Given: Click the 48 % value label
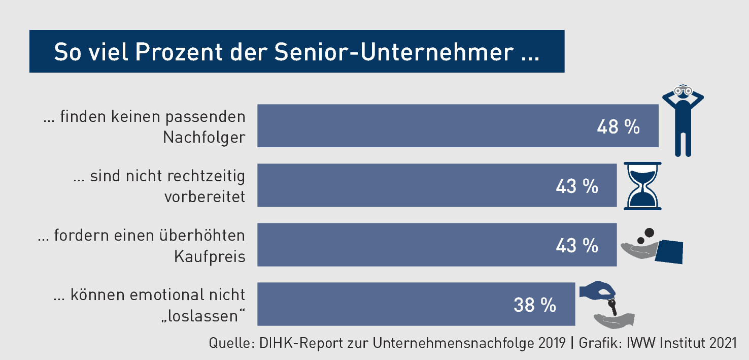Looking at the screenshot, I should click(x=618, y=127).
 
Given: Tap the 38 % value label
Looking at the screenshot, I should click(x=535, y=305).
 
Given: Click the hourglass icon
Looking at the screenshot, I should click(x=642, y=185).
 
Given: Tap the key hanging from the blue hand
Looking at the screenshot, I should click(x=613, y=306).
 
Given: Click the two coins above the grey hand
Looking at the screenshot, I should click(x=645, y=236).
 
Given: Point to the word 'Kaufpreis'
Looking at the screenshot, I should click(x=210, y=256).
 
